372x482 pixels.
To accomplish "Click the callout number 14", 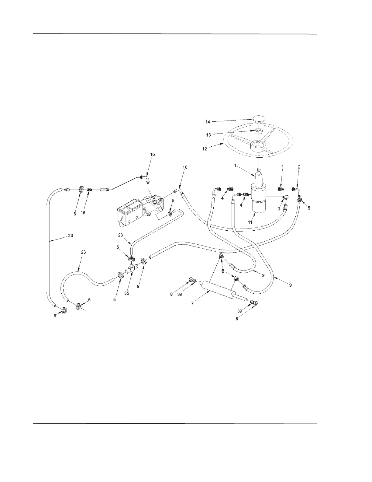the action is tap(208, 122).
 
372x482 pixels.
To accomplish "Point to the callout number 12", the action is tap(204, 149).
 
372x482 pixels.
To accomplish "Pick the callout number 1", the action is tap(235, 166).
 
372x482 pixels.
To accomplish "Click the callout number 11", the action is tap(250, 222).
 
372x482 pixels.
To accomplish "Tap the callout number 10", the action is tap(185, 167).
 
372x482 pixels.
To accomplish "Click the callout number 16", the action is tap(83, 213).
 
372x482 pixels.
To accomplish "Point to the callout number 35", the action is tap(127, 293).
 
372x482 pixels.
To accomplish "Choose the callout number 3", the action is tap(279, 209).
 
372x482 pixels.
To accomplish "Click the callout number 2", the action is tap(299, 167).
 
